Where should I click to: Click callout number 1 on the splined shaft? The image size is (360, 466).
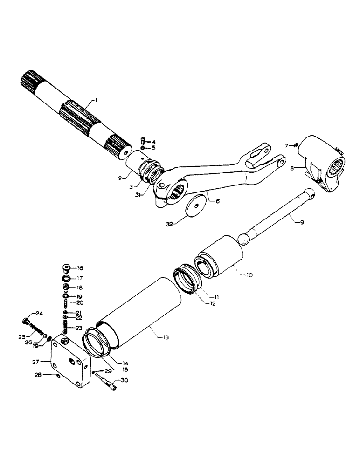96,100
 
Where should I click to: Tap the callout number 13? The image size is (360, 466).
166,336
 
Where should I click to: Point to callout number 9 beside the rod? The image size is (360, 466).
301,223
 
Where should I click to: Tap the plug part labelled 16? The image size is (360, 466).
66,268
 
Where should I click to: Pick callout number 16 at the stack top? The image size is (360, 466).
80,268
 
